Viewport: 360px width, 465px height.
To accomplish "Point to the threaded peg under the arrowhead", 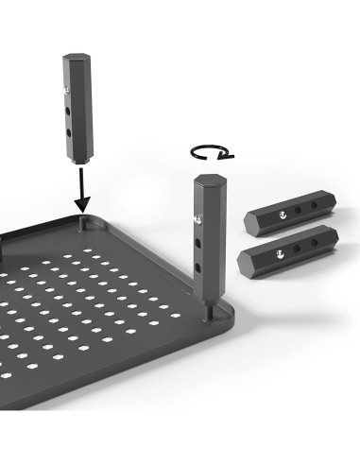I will (84, 218).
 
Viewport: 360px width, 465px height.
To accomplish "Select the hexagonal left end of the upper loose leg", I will (250, 219).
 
